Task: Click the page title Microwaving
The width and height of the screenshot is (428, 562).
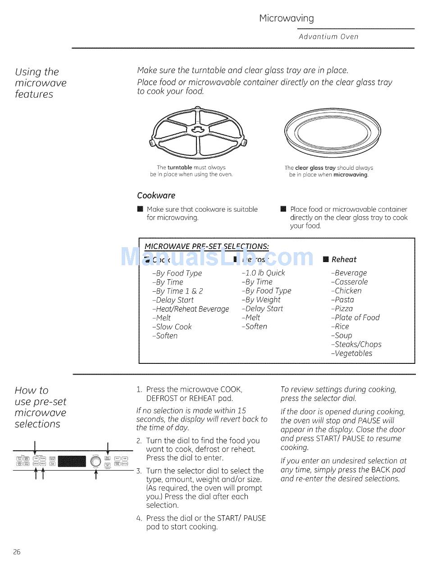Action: coord(287,18)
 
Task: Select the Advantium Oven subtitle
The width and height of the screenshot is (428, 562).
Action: coord(328,37)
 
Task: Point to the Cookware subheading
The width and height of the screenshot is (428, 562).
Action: coord(156,195)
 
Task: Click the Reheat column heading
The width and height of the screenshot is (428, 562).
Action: coord(344,259)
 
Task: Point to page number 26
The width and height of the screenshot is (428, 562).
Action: coord(17,552)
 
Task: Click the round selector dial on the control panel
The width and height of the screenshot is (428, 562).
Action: coord(96,461)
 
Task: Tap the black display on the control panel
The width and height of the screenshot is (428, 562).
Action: coord(72,461)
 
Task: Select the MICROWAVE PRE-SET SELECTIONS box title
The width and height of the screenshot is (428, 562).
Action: coord(207,246)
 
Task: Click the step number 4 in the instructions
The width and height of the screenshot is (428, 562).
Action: coord(139,518)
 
